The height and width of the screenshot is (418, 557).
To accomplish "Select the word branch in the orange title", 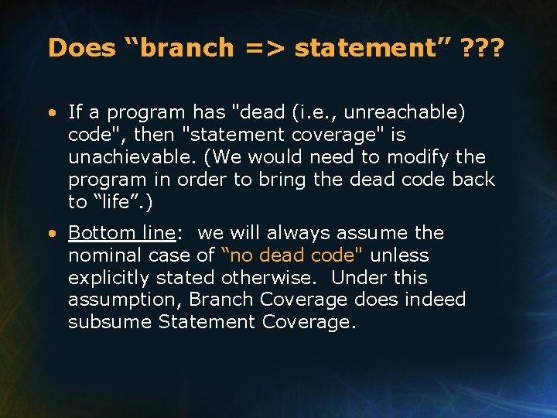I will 186,48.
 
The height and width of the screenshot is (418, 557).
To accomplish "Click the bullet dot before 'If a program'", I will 51,113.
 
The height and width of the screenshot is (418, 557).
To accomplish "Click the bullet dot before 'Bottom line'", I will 51,234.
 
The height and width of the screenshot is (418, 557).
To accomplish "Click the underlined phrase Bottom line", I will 122,233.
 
